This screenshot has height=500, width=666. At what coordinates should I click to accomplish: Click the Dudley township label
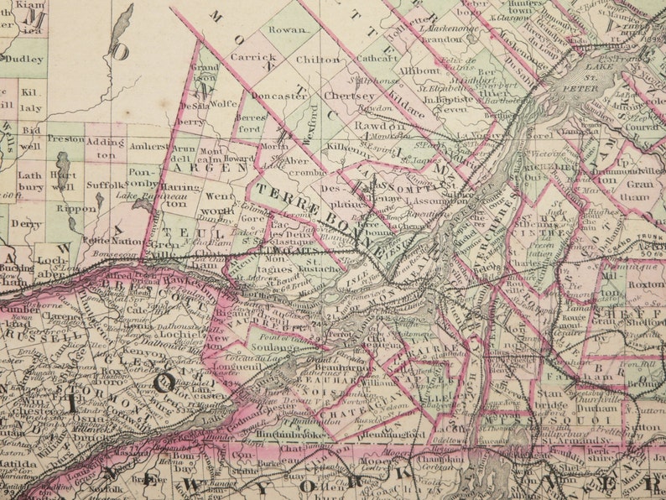point(25,60)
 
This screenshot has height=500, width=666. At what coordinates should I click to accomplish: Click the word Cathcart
point(376,60)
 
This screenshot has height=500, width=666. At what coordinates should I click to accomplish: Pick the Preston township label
point(65,138)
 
